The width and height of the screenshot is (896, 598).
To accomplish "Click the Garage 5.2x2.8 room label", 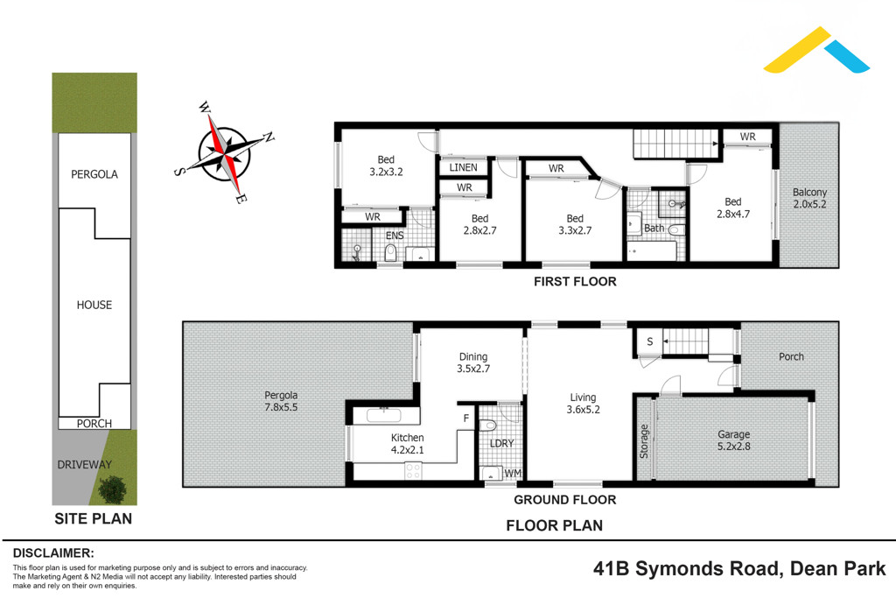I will click(x=734, y=440).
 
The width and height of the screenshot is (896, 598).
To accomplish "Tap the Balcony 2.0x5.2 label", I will click(x=809, y=199).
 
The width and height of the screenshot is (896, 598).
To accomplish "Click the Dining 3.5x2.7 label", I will click(x=472, y=362).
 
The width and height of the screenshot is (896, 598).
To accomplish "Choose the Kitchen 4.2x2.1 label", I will click(x=407, y=444).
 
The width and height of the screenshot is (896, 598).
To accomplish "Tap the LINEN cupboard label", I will click(x=463, y=167).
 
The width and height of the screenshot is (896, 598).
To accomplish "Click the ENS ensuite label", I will click(x=394, y=236).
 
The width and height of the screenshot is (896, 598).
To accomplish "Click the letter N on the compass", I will click(x=269, y=137).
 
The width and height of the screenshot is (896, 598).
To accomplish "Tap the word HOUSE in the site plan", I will click(x=94, y=305).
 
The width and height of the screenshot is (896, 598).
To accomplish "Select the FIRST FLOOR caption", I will click(x=576, y=282).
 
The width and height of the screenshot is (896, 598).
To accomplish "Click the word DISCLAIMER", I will click(x=53, y=553).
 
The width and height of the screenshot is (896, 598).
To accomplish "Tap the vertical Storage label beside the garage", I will click(x=645, y=441).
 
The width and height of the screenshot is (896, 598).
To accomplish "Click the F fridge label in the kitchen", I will click(x=466, y=419).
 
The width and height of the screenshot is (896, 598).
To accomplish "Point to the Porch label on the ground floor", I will click(x=791, y=356).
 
